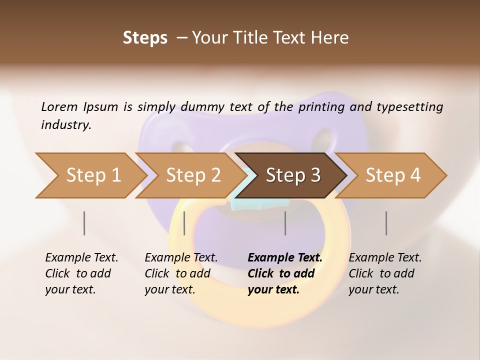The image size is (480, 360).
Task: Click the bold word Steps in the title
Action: pyautogui.click(x=145, y=38)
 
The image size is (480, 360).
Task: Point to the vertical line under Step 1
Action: pyautogui.click(x=84, y=223)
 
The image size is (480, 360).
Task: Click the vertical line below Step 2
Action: pyautogui.click(x=184, y=223)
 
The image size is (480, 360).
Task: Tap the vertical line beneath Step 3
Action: pyautogui.click(x=285, y=223)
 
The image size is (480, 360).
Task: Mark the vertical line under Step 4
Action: pyautogui.click(x=386, y=223)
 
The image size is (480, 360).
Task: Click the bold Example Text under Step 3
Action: pyautogui.click(x=285, y=258)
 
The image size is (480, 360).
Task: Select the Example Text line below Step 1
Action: pyautogui.click(x=81, y=258)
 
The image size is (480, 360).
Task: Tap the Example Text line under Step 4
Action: pyautogui.click(x=385, y=258)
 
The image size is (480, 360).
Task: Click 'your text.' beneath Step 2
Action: pyautogui.click(x=170, y=289)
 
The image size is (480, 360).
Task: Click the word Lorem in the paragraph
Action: pyautogui.click(x=59, y=107)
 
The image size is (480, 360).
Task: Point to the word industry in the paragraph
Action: pyautogui.click(x=66, y=125)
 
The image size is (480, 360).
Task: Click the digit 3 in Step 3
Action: pyautogui.click(x=315, y=175)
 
